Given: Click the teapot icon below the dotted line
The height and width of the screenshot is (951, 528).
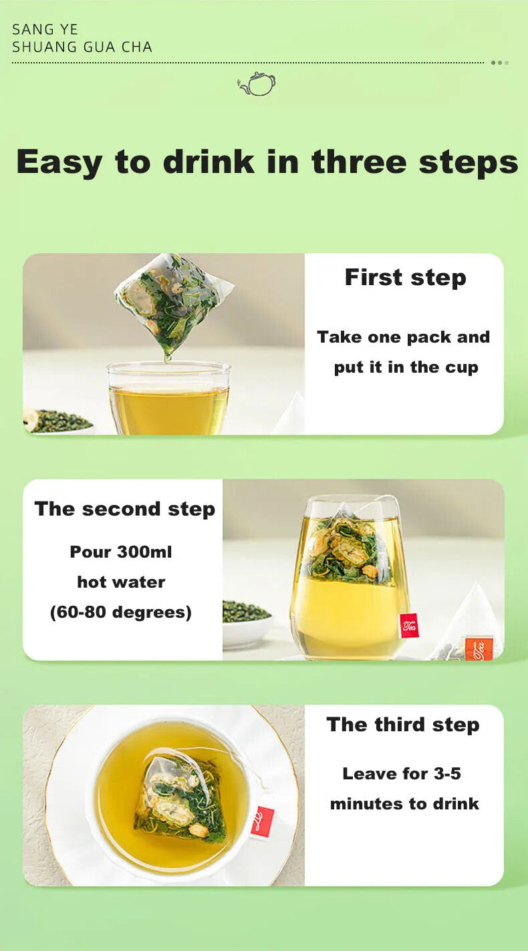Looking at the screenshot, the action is (257, 83).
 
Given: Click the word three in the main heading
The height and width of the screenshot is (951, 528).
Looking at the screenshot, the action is (360, 162).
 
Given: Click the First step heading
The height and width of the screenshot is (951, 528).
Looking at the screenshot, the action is (405, 278).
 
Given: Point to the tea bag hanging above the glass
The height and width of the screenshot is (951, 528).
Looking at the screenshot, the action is (172, 304).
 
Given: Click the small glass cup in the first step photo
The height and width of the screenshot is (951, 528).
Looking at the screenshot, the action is (169, 397).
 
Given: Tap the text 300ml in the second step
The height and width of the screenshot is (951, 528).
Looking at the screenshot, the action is (144, 552).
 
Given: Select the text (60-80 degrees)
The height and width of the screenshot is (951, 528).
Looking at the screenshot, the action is (120, 612).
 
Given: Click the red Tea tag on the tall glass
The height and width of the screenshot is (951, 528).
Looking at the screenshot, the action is (409, 625).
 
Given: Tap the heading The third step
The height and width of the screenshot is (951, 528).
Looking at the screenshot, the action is (403, 725).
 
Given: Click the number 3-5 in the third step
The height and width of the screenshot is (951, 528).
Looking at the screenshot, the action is (447, 773).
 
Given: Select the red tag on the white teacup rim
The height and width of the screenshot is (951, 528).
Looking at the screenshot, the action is (262, 821).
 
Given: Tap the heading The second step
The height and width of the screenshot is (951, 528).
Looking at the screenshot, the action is (125, 510).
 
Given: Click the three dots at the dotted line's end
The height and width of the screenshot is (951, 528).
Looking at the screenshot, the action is (499, 63).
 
